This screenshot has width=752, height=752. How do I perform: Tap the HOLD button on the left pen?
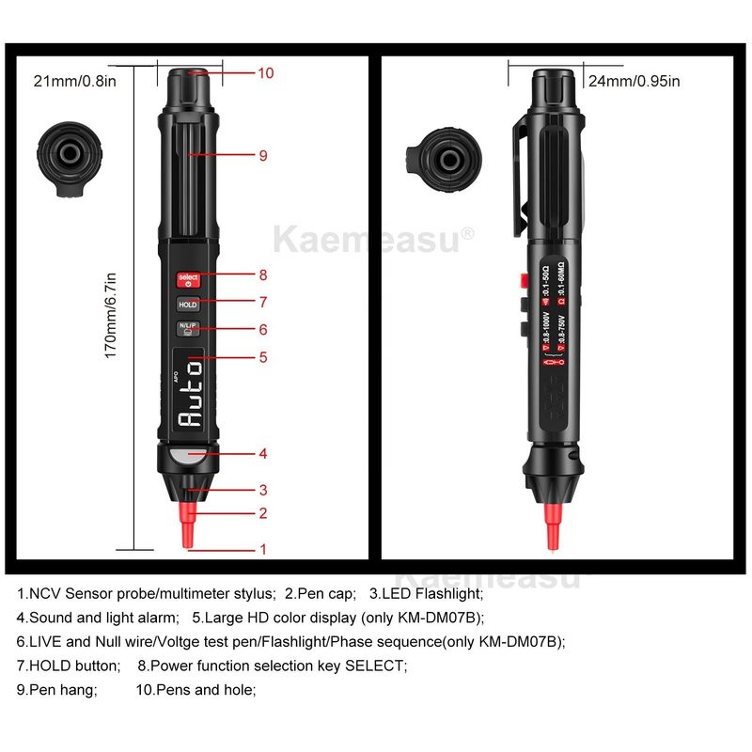click(188, 305)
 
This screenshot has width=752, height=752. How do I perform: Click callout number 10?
click(265, 72)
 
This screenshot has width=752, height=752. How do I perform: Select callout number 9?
click(263, 155)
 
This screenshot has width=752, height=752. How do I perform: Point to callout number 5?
click(263, 357)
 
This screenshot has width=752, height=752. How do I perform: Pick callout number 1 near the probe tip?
click(263, 550)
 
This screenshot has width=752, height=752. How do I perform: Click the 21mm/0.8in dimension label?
click(74, 81)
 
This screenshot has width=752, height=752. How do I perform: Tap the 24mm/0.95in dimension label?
click(634, 81)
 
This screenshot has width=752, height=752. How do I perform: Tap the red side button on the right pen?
click(519, 280)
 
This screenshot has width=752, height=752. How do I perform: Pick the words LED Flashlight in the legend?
click(434, 593)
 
